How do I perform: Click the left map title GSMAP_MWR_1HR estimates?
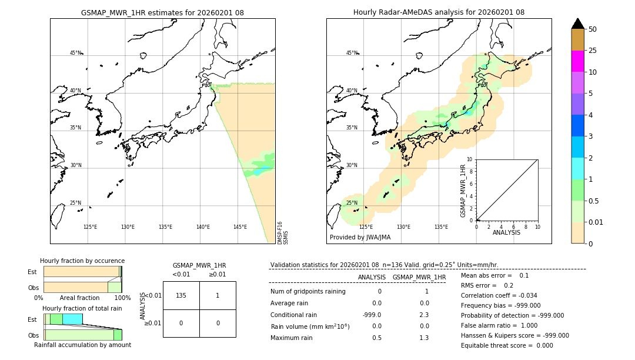(x=162, y=12)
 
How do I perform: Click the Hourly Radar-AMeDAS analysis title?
(x=439, y=12)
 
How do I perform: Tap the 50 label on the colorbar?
(x=593, y=29)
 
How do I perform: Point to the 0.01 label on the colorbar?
(x=596, y=222)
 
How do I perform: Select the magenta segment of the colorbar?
(x=577, y=61)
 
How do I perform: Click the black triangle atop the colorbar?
(x=577, y=24)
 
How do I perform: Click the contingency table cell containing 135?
(x=181, y=295)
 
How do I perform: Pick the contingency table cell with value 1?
(x=218, y=295)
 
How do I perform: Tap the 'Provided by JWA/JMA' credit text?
(x=360, y=237)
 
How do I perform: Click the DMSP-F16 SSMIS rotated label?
(x=283, y=232)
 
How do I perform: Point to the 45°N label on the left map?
(x=76, y=53)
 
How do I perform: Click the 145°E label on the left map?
(x=240, y=227)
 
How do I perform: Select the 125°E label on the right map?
(x=366, y=227)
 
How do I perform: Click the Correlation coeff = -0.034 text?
(x=499, y=295)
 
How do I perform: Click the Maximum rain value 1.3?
(x=424, y=338)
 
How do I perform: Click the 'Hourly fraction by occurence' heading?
(x=82, y=261)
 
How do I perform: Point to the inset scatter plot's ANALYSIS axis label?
(x=506, y=232)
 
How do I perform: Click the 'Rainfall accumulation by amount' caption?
(x=82, y=345)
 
